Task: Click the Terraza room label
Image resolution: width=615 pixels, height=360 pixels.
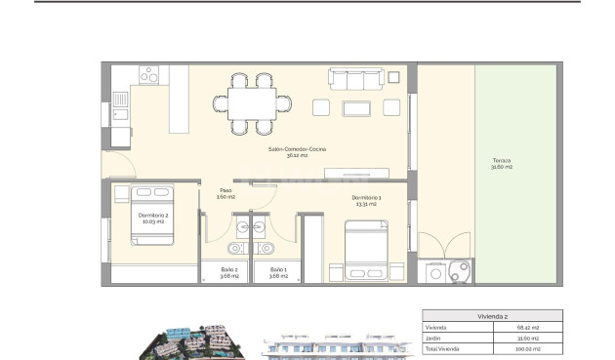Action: tap(503, 164)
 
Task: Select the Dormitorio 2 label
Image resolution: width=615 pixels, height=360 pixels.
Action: tap(154, 218)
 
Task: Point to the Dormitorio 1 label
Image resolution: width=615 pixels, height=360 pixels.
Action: tap(367, 202)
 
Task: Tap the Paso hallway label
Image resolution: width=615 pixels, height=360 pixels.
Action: tap(226, 193)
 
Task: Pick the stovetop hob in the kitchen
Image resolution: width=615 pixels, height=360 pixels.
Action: tap(152, 74)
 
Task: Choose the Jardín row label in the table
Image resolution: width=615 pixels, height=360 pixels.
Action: tap(433, 339)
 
